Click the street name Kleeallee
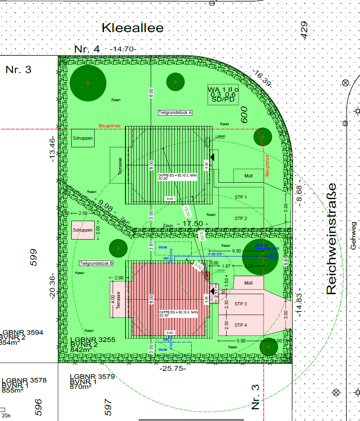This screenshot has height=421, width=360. (133, 28)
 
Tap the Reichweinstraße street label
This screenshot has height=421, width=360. (332, 239)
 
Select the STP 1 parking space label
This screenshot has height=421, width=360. (241, 197)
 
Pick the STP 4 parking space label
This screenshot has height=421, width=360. (241, 325)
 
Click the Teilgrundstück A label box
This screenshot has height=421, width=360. (175, 113)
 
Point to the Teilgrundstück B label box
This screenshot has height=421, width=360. (96, 263)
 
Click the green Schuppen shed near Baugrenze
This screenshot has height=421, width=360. (83, 138)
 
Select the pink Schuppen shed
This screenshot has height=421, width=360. (83, 230)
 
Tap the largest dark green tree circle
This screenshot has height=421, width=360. (88, 83)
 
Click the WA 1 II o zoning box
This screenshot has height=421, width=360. (223, 94)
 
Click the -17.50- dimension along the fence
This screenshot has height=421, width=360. (195, 224)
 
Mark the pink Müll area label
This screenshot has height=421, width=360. (249, 283)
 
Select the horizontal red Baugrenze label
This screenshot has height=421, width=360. (109, 126)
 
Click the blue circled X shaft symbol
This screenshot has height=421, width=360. (274, 256)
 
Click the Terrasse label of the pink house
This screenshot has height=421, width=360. (118, 299)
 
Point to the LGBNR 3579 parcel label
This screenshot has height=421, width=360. (92, 376)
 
